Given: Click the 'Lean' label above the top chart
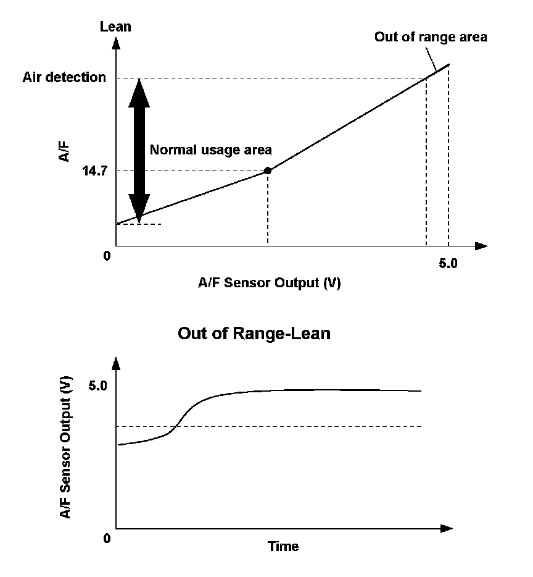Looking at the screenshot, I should (115, 27).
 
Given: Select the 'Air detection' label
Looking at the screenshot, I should (64, 78).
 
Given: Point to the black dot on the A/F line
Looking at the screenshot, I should (267, 171).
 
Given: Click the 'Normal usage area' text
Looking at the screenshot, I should (210, 150).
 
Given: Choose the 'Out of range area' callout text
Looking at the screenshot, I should (431, 37).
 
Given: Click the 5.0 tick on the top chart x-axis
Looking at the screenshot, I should (448, 263).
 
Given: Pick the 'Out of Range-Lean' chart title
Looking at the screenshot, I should (254, 334).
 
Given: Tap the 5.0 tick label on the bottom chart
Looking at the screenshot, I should (97, 385).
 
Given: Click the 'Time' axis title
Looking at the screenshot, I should (283, 546).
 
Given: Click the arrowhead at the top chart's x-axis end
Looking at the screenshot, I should (481, 246).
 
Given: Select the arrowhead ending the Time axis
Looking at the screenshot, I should (447, 529).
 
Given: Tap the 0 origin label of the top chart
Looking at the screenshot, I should (107, 255).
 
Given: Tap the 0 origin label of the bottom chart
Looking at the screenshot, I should (107, 539).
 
